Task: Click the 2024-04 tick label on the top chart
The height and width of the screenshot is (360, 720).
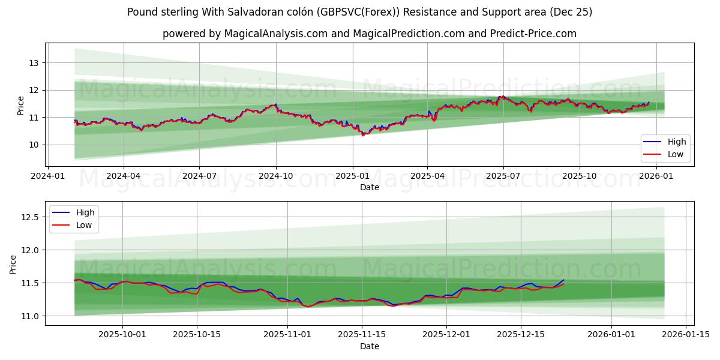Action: tap(123, 176)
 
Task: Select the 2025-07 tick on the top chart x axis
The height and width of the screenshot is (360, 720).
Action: tap(503, 176)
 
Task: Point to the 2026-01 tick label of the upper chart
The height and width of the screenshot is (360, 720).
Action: tap(656, 176)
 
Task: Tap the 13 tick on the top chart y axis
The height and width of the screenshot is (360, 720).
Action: tap(34, 63)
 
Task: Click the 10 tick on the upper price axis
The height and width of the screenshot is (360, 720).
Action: tap(34, 145)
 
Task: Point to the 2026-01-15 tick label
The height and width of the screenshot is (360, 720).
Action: tap(685, 335)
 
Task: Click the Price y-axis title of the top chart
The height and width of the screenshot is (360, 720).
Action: tap(21, 106)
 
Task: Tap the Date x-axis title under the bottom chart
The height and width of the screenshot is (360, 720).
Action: tap(370, 346)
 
